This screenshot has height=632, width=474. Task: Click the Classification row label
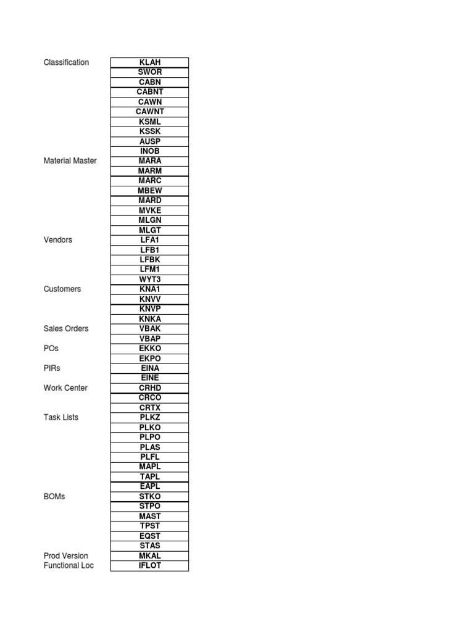pyautogui.click(x=66, y=62)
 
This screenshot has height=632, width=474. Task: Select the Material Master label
pyautogui.click(x=70, y=161)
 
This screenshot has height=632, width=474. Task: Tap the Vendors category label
pyautogui.click(x=58, y=240)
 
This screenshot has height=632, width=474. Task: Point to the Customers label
pyautogui.click(x=62, y=289)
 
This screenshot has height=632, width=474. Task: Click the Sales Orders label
pyautogui.click(x=66, y=329)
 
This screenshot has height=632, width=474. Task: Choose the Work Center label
pyautogui.click(x=65, y=388)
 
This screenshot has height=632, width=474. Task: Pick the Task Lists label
pyautogui.click(x=61, y=418)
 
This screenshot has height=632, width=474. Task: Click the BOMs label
pyautogui.click(x=54, y=497)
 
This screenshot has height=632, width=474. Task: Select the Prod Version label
pyautogui.click(x=66, y=556)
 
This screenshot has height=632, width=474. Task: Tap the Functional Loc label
pyautogui.click(x=69, y=566)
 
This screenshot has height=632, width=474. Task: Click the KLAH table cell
pyautogui.click(x=150, y=62)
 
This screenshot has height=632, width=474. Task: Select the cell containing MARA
pyautogui.click(x=150, y=161)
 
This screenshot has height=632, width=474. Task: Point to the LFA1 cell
pyautogui.click(x=150, y=240)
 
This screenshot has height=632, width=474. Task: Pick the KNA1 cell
pyautogui.click(x=150, y=289)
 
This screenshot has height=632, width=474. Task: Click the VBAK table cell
pyautogui.click(x=150, y=329)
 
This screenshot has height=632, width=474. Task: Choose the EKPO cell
pyautogui.click(x=150, y=359)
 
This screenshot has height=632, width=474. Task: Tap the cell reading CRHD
pyautogui.click(x=150, y=388)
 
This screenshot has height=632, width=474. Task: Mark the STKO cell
pyautogui.click(x=150, y=497)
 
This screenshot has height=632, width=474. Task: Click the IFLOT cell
pyautogui.click(x=150, y=566)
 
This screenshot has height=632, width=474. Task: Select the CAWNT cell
pyautogui.click(x=150, y=112)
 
